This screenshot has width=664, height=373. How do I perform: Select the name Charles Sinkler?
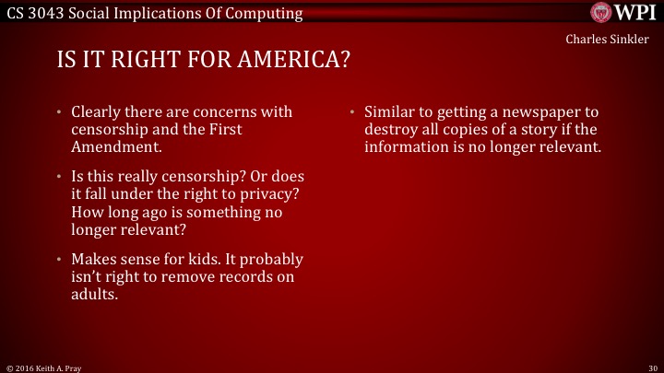613,40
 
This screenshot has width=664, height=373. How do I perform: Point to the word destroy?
391,130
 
